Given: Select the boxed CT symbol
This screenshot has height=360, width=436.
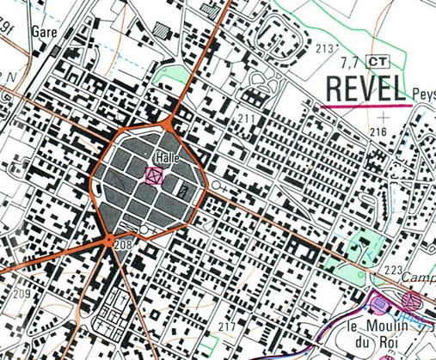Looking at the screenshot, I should [x=377, y=61].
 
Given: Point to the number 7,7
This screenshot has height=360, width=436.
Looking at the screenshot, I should [x=350, y=62].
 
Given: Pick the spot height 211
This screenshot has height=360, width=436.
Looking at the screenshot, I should [x=248, y=117].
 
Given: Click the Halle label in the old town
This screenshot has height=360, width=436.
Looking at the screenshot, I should [x=166, y=160].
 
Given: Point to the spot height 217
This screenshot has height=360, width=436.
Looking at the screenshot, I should [x=226, y=327].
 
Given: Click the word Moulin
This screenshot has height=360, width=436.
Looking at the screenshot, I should [x=385, y=325].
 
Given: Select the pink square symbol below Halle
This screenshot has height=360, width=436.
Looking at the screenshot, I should [x=155, y=177].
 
